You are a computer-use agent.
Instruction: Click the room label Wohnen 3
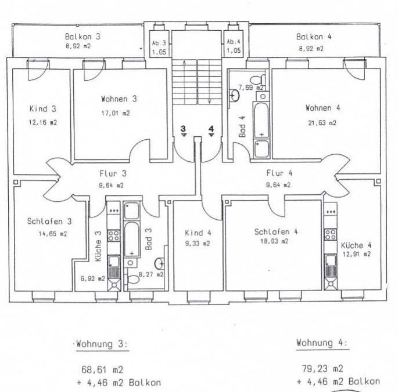click(119, 99)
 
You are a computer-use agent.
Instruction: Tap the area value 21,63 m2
click(322, 123)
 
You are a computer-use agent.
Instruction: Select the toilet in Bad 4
click(257, 80)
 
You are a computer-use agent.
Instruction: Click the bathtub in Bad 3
click(132, 239)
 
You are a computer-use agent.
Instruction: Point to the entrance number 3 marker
click(183, 130)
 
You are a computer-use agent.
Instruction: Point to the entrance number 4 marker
click(211, 130)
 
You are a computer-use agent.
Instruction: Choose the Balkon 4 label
click(314, 37)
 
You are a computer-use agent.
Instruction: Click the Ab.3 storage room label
click(159, 43)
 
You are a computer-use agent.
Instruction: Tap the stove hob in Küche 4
click(331, 234)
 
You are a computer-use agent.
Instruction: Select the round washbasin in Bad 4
click(235, 95)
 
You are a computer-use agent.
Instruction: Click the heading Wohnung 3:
click(102, 344)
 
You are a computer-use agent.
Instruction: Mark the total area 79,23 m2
click(322, 368)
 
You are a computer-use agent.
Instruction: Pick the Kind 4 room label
click(198, 233)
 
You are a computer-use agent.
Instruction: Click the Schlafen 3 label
click(49, 221)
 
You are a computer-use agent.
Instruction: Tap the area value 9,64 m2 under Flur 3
click(111, 186)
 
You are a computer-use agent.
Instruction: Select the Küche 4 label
click(356, 245)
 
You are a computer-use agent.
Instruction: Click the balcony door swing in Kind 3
click(38, 70)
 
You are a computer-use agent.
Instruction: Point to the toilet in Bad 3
click(133, 280)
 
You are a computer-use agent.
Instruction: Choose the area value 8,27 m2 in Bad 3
click(150, 274)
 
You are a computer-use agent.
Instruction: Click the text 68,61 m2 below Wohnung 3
click(102, 369)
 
